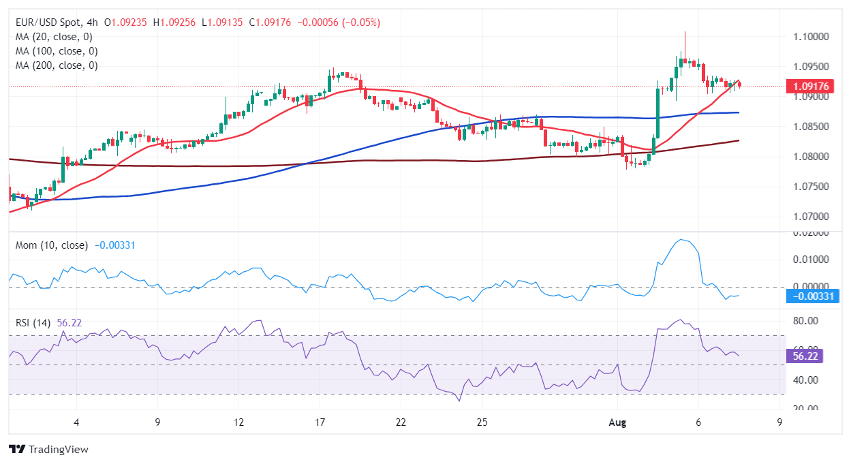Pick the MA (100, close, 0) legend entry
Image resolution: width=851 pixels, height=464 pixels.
coord(56,51)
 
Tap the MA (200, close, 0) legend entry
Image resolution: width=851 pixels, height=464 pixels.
coord(56,65)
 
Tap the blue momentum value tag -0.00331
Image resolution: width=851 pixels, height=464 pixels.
coord(812,296)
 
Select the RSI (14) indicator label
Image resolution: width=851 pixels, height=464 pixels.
coord(35,322)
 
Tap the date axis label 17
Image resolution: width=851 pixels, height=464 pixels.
coord(320,422)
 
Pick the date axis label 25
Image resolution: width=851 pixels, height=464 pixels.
coord(482,422)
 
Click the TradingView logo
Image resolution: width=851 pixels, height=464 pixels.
coord(48,450)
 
